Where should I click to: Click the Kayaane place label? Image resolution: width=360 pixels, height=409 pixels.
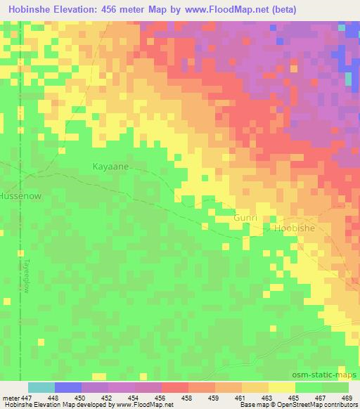[110, 167]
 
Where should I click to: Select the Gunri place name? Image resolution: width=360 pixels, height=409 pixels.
[246, 219]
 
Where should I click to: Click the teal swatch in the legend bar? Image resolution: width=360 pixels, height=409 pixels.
[41, 387]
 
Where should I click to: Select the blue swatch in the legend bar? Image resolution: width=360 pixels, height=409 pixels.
[68, 387]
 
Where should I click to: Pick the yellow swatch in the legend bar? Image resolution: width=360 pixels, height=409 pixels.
[282, 387]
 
